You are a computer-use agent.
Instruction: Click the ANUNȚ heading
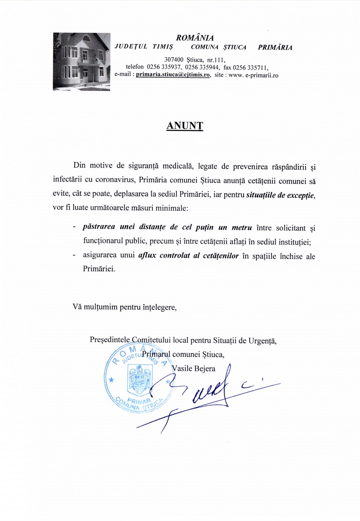coord(184,125)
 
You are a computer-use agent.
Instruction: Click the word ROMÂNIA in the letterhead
coord(195,38)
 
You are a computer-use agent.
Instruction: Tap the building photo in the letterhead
coord(81,61)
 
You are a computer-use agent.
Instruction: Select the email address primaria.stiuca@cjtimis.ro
coord(173,74)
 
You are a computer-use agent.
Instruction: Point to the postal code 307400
coord(174,60)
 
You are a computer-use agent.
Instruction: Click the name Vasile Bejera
coord(193,368)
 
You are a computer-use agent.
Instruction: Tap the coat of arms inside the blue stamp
coord(139,379)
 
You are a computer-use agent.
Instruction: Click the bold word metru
coord(242,227)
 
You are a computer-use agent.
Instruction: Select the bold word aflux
coord(147,255)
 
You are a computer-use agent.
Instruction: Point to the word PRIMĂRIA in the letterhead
coord(275,47)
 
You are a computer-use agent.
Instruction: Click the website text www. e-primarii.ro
coord(253,75)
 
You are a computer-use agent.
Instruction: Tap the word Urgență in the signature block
coord(262,341)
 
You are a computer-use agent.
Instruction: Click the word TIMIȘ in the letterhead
coord(163,47)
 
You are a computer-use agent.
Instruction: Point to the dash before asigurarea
coord(74,255)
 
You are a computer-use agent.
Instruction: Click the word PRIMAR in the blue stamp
coord(139,401)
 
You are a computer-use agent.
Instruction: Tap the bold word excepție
coord(300,195)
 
